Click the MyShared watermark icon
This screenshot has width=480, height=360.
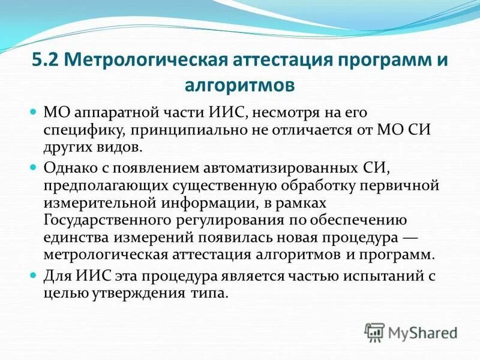click(375, 331)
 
